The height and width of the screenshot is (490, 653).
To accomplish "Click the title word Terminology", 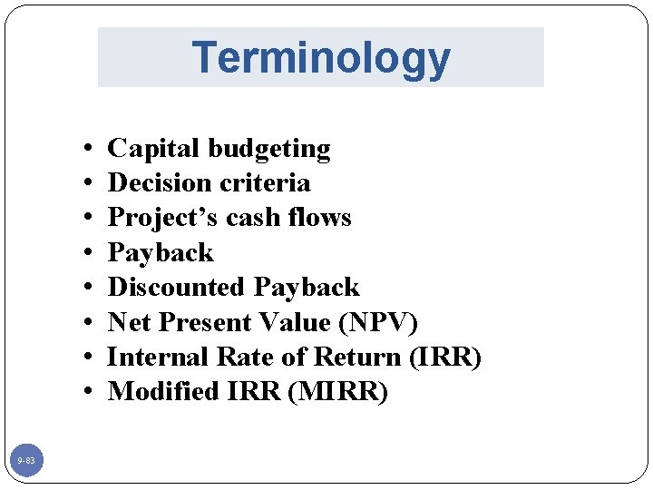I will (x=321, y=57).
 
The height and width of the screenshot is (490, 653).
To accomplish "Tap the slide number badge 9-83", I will (x=25, y=461).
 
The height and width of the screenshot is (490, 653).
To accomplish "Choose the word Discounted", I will (x=178, y=287).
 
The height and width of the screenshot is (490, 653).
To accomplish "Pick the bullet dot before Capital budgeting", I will (x=83, y=148).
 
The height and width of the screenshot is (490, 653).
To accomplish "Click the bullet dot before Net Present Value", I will (x=83, y=322).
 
